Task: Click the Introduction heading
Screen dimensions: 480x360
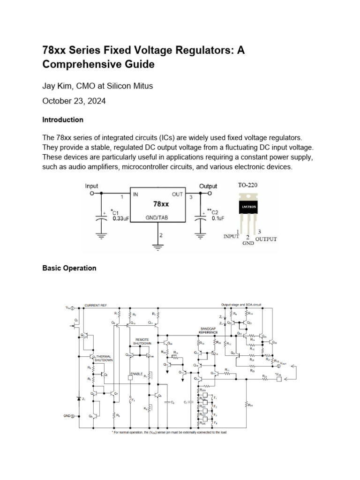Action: point(63,120)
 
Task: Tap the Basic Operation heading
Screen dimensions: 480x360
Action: point(69,268)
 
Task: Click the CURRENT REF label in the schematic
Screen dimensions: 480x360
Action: point(95,305)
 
